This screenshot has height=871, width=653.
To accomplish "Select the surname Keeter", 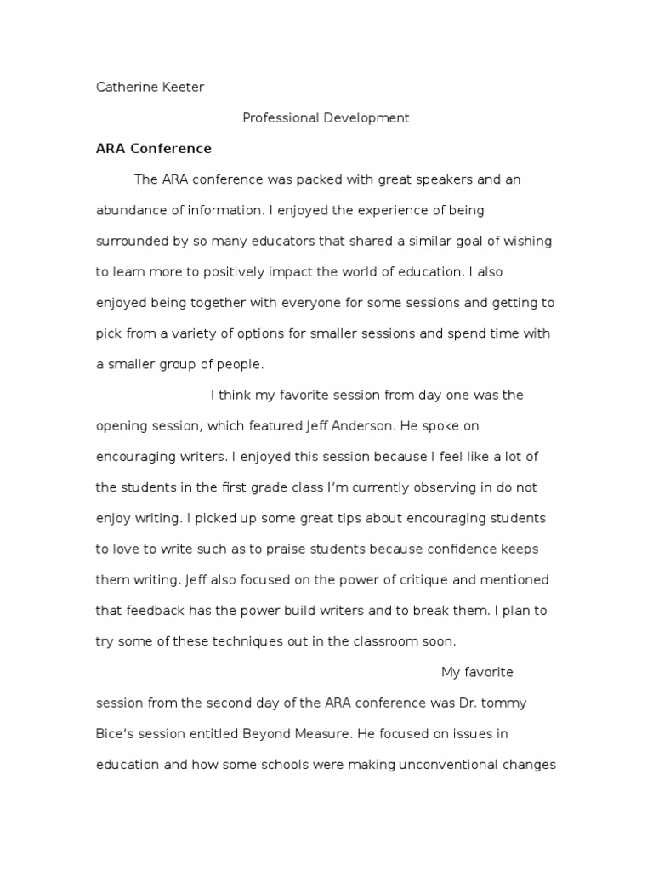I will (x=180, y=88).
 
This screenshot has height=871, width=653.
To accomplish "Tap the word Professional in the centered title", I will (x=279, y=118).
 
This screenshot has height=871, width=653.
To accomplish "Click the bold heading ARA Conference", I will (x=153, y=149).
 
